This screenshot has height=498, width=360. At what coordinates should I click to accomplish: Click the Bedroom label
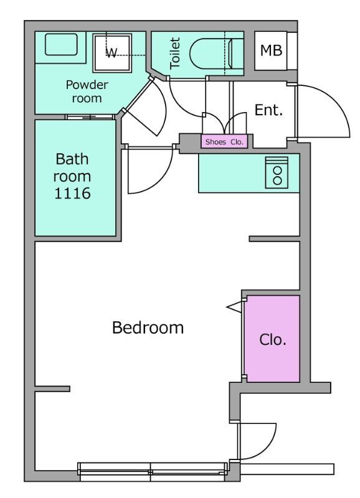click(148, 327)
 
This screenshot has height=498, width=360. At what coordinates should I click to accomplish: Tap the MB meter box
click(271, 50)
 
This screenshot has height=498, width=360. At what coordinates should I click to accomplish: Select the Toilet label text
click(175, 53)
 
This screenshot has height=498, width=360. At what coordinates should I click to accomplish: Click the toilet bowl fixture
click(217, 54)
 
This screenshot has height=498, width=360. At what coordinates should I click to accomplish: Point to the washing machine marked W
click(112, 53)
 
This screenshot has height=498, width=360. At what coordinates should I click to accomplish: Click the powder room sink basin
click(61, 44)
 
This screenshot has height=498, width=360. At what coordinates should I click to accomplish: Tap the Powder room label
click(87, 92)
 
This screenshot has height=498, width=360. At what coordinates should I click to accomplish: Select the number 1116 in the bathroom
click(72, 193)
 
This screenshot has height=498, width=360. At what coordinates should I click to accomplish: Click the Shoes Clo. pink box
click(224, 142)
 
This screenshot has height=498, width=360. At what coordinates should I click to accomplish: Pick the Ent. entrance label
click(268, 110)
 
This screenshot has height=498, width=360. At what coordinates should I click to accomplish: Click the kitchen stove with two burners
click(277, 172)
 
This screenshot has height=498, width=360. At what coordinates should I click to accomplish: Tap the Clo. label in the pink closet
click(273, 339)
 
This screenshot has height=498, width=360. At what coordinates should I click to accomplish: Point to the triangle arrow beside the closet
click(234, 307)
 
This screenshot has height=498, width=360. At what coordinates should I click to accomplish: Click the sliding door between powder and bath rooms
click(90, 117)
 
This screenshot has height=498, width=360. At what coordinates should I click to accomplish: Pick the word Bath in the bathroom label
click(72, 159)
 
